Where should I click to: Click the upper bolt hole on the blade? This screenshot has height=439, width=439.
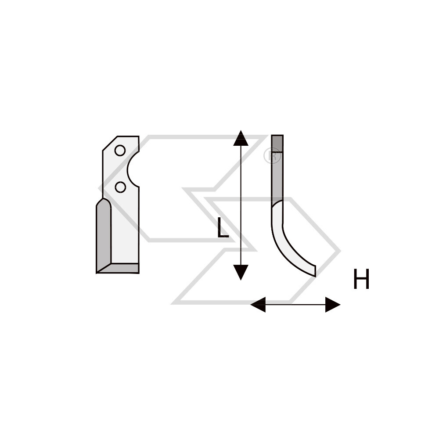click(120, 150)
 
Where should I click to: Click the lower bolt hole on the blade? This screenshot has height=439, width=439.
click(120, 187)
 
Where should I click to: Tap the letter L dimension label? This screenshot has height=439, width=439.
click(223, 228)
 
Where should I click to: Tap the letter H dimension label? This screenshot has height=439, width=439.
click(361, 279)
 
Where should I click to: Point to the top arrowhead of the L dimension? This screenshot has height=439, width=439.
click(241, 138)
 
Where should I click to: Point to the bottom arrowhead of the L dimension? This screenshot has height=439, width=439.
click(241, 273)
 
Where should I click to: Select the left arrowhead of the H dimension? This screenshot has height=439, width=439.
click(258, 305)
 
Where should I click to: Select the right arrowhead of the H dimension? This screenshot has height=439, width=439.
click(333, 305)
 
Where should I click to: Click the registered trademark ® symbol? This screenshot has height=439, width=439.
click(272, 156)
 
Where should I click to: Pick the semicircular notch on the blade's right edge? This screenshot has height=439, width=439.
click(133, 169)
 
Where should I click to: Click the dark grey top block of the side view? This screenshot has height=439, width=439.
click(277, 144)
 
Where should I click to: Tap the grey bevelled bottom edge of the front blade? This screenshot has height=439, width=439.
click(118, 268)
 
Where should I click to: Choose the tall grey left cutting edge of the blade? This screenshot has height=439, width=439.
click(104, 235)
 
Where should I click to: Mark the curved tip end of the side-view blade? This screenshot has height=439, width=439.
click(316, 271)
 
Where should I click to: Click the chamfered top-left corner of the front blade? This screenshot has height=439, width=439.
click(110, 144)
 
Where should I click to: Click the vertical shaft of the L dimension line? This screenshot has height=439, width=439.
click(241, 205)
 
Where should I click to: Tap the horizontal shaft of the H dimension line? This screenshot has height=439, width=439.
click(295, 305)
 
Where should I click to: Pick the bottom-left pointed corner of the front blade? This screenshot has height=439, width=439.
click(97, 273)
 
